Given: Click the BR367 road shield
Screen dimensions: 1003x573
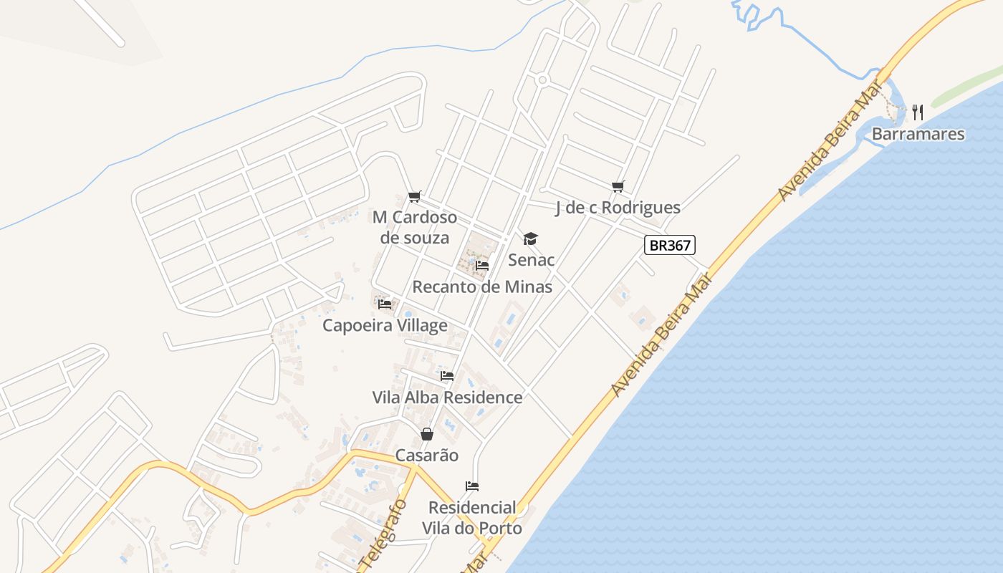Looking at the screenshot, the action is click(x=670, y=245).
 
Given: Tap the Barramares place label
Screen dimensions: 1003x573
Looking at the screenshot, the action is click(x=918, y=134).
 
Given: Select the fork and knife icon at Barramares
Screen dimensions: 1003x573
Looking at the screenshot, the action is click(x=918, y=112).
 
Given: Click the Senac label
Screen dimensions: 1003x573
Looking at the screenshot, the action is click(x=531, y=259).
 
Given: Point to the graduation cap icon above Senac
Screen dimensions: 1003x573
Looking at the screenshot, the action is click(x=530, y=239).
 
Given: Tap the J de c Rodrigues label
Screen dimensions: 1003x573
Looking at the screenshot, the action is click(x=618, y=208).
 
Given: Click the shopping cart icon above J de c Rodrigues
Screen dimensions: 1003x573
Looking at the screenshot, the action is click(x=618, y=187).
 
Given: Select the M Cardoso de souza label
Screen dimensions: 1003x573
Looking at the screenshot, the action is click(x=415, y=227).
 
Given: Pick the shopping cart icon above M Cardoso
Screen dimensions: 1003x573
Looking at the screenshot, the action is click(x=414, y=197).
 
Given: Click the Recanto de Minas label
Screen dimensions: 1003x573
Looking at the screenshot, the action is click(x=482, y=286).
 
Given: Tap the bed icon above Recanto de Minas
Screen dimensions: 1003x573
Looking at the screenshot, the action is click(x=482, y=266).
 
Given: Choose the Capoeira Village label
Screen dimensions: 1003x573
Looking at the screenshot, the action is click(x=385, y=325).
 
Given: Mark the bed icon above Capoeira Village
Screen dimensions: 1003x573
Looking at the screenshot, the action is click(x=385, y=304).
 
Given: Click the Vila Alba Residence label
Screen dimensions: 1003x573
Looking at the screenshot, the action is click(x=447, y=397).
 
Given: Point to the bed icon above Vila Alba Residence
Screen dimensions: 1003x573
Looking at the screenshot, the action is click(x=447, y=376).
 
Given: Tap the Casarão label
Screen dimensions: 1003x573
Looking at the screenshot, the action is click(x=426, y=456).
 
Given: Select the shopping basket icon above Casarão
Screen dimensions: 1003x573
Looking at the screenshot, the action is click(x=426, y=434).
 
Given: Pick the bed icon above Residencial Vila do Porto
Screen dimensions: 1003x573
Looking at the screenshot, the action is click(x=472, y=486).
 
